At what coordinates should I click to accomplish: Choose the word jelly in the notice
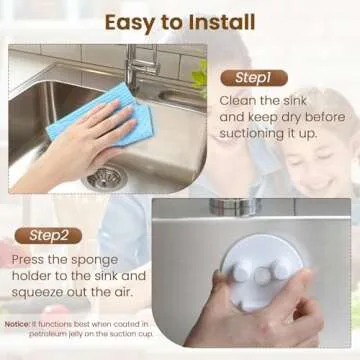(x=80, y=337)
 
